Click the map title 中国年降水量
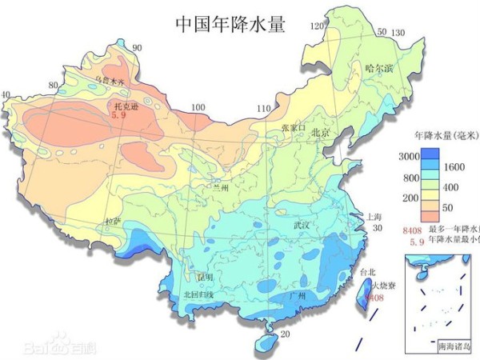[x=230, y=23]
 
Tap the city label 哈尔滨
[x=378, y=69]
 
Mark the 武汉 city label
[x=302, y=226]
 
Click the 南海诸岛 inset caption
[x=454, y=347]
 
